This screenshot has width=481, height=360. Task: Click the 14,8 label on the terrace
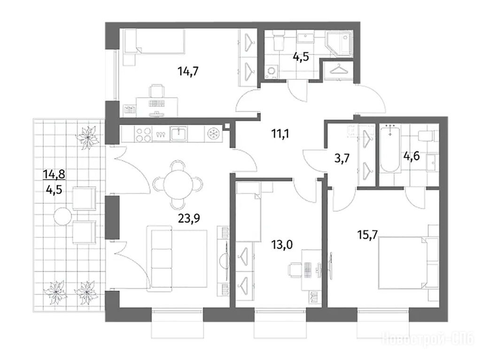pos(54,175)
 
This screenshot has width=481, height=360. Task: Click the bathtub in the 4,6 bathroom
pos(389,149)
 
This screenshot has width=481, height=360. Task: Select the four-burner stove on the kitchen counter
pos(143,134)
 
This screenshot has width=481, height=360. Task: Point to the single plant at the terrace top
pos(87,137)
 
